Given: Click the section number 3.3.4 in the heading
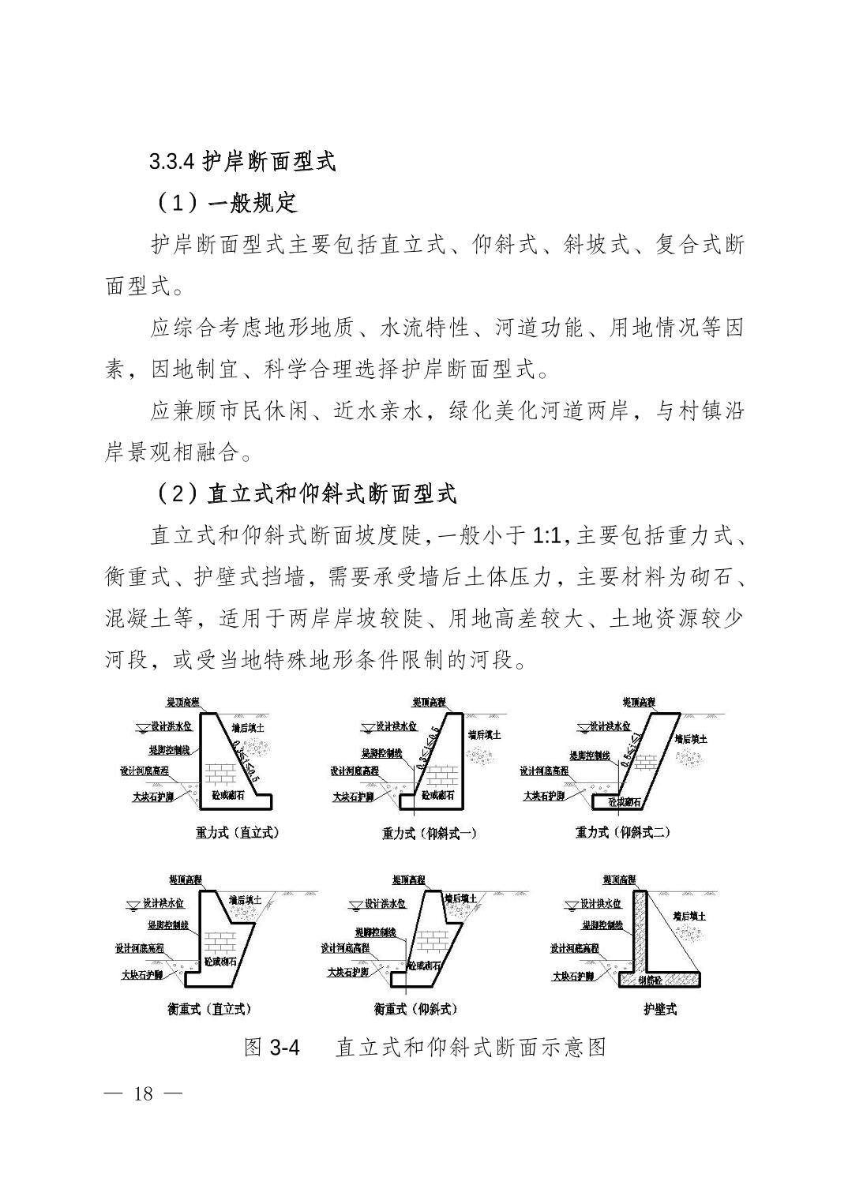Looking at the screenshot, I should (x=171, y=161).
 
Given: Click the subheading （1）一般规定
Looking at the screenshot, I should (x=227, y=203).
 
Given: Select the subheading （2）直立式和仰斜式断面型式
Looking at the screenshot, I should (x=307, y=495).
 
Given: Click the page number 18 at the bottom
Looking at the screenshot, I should (x=143, y=1093).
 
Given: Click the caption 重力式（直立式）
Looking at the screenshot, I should (x=238, y=832).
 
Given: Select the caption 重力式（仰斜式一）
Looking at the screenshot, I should (x=430, y=833).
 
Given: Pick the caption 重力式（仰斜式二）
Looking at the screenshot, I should (x=623, y=832).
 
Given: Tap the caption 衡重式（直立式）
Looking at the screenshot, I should (x=209, y=1009).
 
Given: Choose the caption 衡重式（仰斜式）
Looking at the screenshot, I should (x=415, y=1009).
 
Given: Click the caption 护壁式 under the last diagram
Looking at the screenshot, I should (x=659, y=1009).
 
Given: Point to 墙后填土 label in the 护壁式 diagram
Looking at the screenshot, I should (x=689, y=917).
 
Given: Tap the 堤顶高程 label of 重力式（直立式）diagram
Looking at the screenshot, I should (x=182, y=702).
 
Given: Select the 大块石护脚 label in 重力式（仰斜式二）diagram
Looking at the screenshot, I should (x=545, y=796).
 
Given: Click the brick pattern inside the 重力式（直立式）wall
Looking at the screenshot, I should (x=222, y=771).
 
